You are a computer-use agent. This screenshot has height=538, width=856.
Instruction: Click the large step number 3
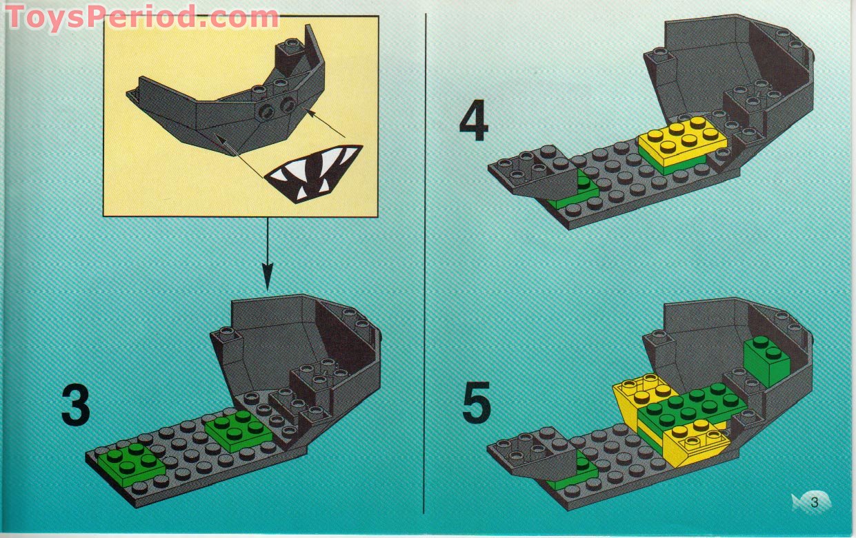(75, 405)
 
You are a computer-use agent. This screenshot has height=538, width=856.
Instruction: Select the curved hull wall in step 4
(724, 62)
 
